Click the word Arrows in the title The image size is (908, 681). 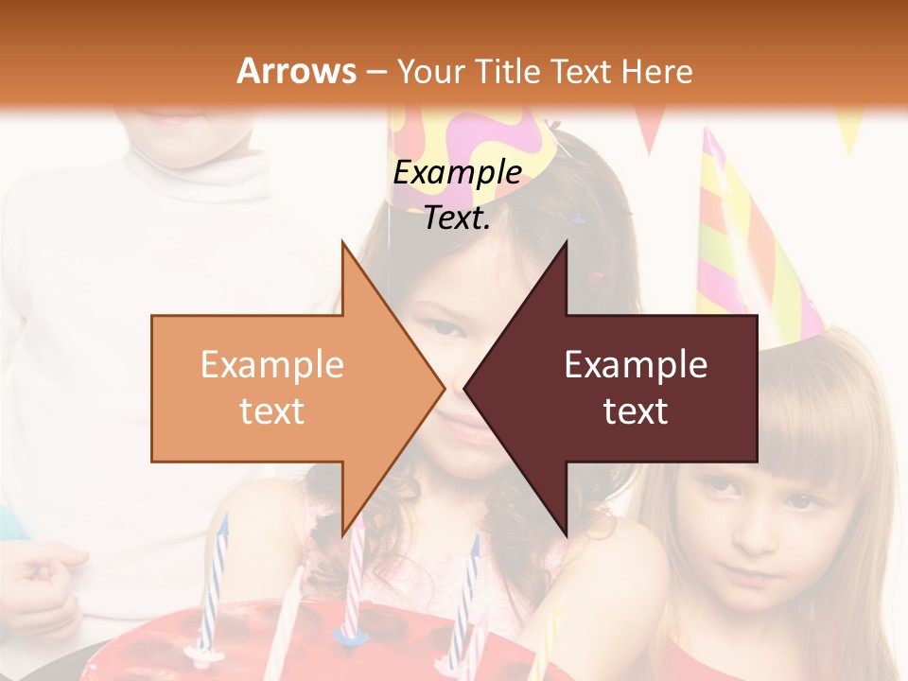pos(296,71)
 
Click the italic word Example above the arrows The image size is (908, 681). pos(457,173)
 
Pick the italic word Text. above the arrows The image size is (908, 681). pos(457,218)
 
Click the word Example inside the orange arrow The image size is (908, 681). pos(271,365)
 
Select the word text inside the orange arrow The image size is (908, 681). pos(271,411)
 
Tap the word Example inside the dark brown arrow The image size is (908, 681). pos(636,365)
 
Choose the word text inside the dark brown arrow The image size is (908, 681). pos(636,411)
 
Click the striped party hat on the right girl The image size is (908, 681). pos(747,246)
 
